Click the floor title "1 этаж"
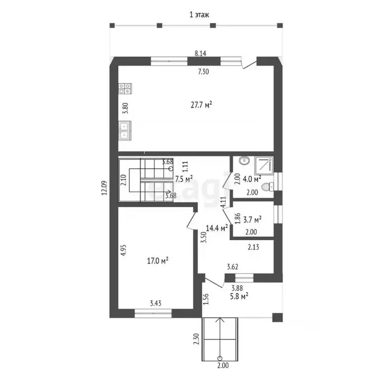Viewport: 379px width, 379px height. coord(199,15)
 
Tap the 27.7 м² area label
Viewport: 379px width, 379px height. coord(201,105)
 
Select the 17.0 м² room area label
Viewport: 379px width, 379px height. coord(158,261)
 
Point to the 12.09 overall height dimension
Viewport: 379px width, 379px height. coord(105,188)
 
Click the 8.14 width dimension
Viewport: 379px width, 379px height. coord(200,53)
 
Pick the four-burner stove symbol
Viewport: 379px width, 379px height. coord(125,89)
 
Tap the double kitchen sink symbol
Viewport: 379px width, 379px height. coord(125,130)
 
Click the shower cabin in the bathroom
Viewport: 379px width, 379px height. coord(264,166)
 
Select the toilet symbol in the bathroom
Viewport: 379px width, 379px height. coord(267,187)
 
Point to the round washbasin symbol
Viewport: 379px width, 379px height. coord(245,160)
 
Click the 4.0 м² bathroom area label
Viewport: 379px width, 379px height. coord(252,179)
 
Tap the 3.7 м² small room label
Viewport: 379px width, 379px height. coord(252,220)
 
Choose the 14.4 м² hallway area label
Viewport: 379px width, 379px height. coord(217,228)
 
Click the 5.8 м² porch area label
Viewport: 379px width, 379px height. coord(239,296)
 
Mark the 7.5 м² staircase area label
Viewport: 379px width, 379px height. coord(184,179)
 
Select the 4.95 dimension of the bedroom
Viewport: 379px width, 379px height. coord(123,250)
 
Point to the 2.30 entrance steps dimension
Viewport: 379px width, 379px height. coord(196,339)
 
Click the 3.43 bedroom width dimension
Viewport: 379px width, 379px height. coord(155,303)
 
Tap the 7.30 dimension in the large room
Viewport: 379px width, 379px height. coord(203,72)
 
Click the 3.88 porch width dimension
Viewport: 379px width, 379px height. coord(237,288)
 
